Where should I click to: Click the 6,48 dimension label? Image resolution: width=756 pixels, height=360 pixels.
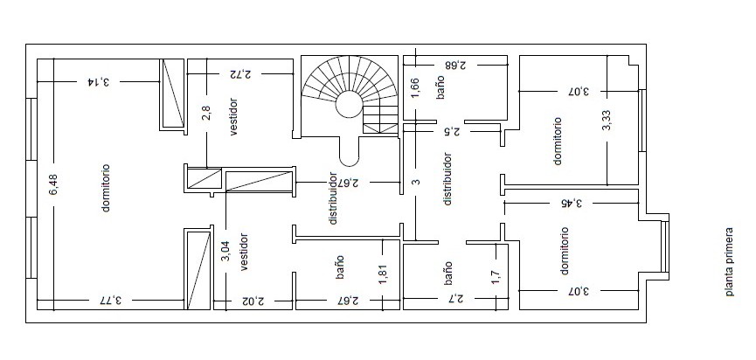click(x=53, y=184)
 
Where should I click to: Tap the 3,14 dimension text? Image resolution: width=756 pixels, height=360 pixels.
click(x=99, y=81)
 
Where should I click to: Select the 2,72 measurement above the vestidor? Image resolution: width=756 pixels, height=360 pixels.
click(x=240, y=74)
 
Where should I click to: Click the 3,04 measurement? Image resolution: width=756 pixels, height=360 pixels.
click(x=225, y=252)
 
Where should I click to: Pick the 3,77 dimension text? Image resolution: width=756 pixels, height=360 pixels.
click(x=109, y=301)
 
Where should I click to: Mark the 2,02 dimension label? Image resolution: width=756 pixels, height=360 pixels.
click(x=253, y=301)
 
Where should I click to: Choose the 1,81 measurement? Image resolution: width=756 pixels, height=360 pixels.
click(x=384, y=273)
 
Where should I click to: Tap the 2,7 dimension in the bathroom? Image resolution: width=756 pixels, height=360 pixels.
click(x=454, y=300)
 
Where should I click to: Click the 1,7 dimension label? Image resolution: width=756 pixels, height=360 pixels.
click(x=496, y=278)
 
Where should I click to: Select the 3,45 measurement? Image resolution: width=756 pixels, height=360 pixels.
click(x=571, y=203)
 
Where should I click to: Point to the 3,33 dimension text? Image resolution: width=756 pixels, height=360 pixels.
click(x=607, y=121)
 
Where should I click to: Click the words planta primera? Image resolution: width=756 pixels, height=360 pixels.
click(x=729, y=261)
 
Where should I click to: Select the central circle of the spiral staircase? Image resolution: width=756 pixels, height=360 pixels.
click(x=349, y=105)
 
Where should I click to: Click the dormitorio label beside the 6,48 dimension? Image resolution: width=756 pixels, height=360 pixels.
click(x=106, y=188)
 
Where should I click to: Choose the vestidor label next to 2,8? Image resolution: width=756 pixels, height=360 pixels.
click(x=233, y=117)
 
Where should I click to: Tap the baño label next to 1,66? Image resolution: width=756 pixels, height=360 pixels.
click(x=440, y=90)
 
